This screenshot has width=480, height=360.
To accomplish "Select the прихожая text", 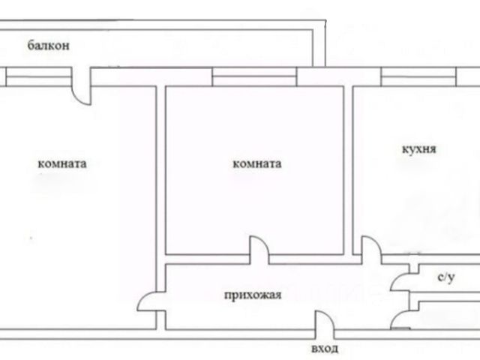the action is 253,295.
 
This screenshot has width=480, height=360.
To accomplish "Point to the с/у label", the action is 446,277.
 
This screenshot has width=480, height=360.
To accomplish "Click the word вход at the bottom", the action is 324,349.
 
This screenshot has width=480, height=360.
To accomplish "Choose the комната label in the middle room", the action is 257,163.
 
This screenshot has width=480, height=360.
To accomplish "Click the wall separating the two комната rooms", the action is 160,172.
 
